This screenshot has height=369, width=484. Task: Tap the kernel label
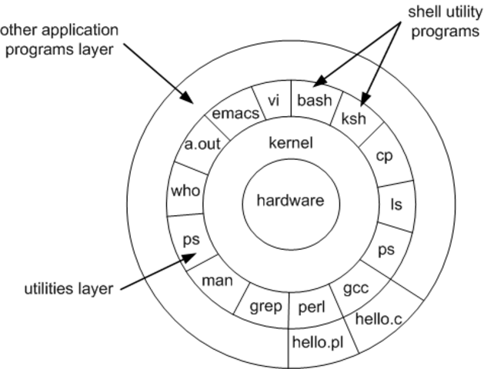tap(291, 143)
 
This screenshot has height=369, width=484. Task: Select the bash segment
tap(314, 100)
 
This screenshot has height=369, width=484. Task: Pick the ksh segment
tap(352, 120)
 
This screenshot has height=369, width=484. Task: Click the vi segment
tap(272, 100)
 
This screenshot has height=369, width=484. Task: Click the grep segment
tap(266, 308)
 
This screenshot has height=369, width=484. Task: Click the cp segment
tap(384, 156)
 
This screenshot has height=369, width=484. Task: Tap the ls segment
tap(396, 205)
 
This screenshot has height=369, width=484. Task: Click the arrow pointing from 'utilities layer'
tap(154, 274)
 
